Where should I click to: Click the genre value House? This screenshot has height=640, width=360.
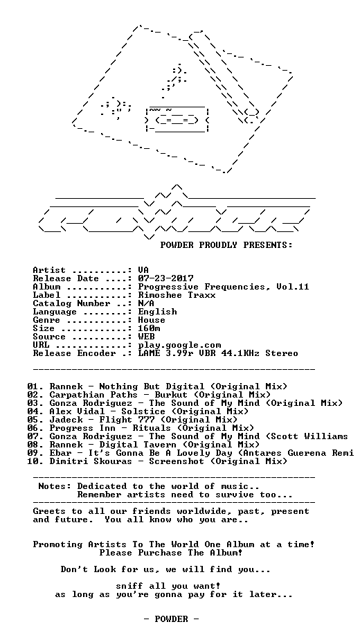(152, 320)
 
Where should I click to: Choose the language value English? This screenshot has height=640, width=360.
(158, 312)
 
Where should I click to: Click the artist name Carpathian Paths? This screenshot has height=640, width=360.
(94, 395)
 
